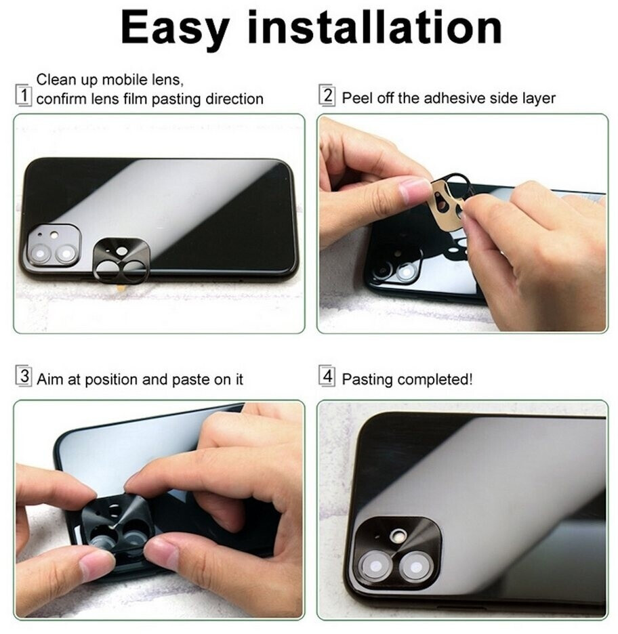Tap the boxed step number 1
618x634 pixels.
click(24, 96)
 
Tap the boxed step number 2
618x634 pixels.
click(327, 96)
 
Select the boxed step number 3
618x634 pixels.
click(24, 376)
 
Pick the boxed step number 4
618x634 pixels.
click(327, 376)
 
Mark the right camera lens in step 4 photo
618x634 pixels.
click(415, 566)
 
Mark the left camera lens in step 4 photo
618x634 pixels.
click(375, 566)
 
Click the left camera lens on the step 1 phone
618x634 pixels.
click(40, 254)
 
